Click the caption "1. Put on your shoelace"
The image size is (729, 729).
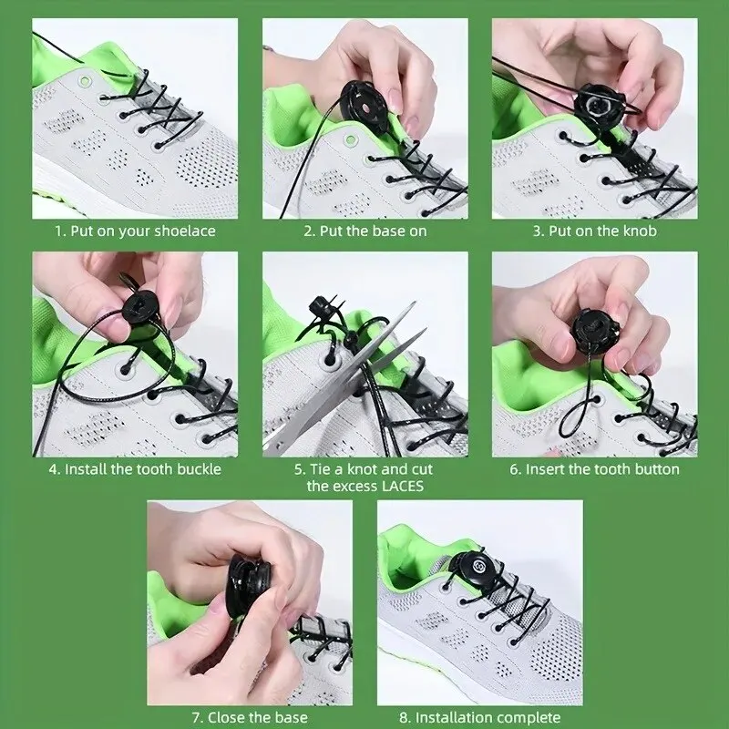[134, 231]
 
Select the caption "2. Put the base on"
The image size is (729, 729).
[364, 231]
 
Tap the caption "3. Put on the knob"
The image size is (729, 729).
[594, 231]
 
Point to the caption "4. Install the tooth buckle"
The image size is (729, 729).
[134, 469]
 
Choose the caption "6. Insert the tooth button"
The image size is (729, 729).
[594, 469]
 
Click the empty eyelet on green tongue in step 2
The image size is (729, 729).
[349, 143]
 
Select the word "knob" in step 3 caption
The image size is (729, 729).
[640, 231]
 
